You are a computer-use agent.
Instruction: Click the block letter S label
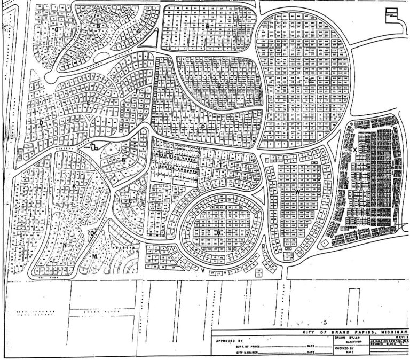point(310,80)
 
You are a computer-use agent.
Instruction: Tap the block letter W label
point(297,191)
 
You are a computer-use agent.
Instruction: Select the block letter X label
point(354,150)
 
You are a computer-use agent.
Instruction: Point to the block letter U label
point(219,233)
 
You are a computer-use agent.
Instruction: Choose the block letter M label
point(94,256)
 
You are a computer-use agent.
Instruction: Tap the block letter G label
point(123,159)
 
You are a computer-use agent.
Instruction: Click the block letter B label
point(98,25)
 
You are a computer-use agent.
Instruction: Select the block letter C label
point(57,29)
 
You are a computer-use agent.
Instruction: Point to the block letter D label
point(41,122)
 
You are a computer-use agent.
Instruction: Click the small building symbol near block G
point(94,147)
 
